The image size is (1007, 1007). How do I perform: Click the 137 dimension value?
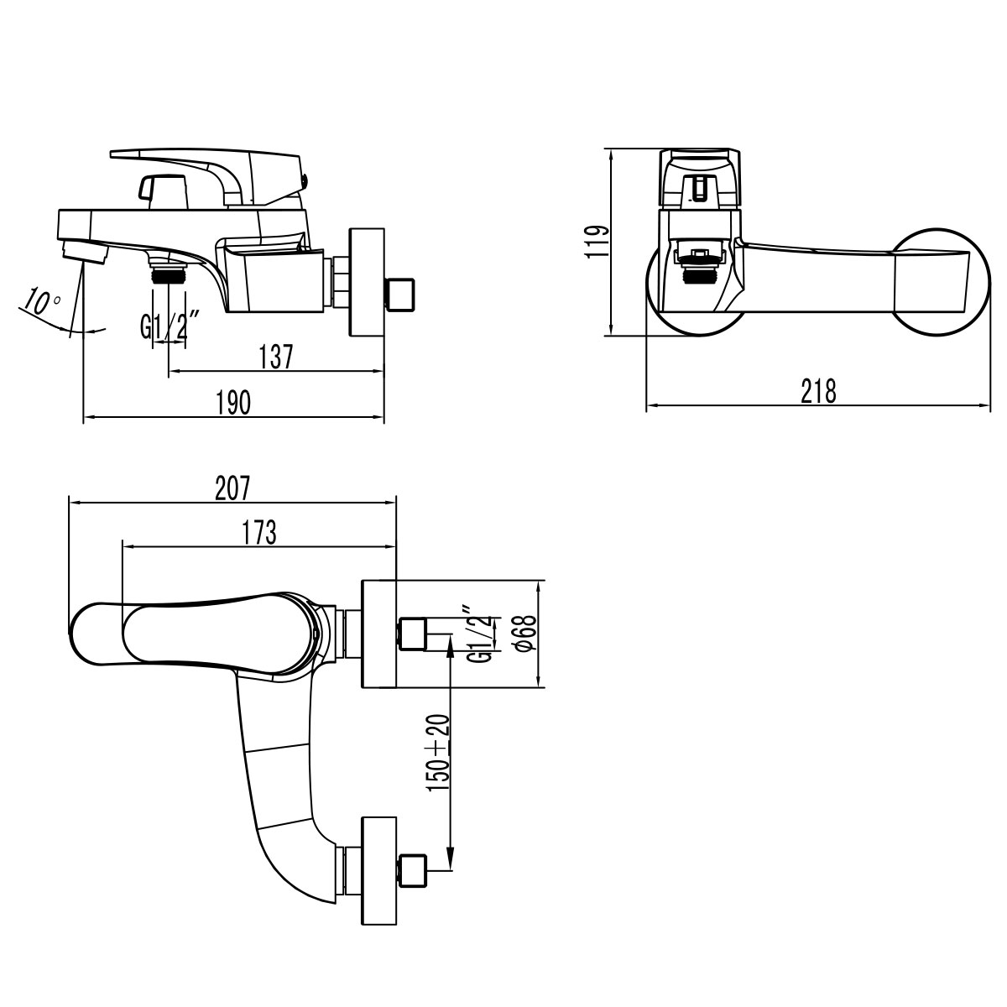coord(277,357)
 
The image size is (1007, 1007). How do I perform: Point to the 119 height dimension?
coord(597,242)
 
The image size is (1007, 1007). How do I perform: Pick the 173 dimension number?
coord(259,532)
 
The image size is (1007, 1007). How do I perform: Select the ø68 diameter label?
coord(524,634)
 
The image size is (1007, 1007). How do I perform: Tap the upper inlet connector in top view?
coord(412,634)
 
